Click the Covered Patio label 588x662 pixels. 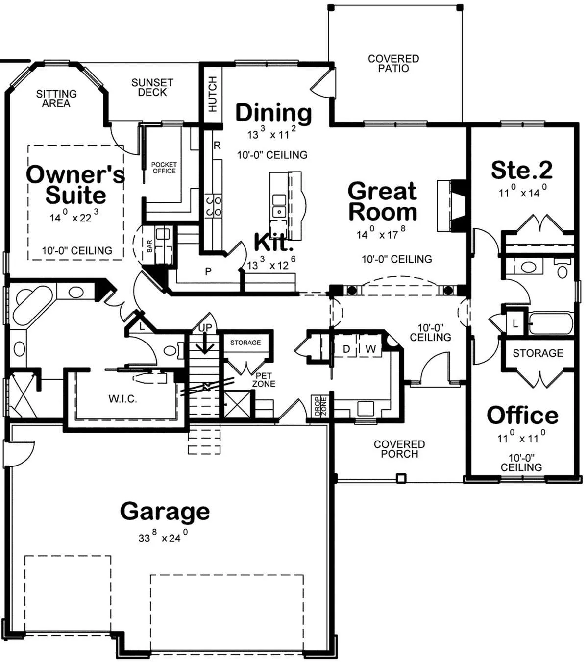[x=393, y=63]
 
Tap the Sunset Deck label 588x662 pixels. [x=152, y=87]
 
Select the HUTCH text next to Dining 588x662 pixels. [x=212, y=94]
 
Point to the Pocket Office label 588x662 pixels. [x=164, y=168]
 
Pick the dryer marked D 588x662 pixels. [x=346, y=349]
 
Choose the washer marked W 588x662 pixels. [x=370, y=349]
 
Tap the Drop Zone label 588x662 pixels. [x=320, y=406]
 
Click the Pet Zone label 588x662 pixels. [x=264, y=380]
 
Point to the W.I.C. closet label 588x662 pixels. [x=122, y=399]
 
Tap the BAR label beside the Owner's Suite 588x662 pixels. [x=150, y=246]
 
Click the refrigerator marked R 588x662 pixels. [x=217, y=146]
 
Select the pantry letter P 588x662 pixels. [x=208, y=271]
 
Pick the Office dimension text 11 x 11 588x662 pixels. [x=521, y=437]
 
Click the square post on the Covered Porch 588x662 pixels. [x=401, y=478]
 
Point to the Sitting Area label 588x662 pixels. [x=56, y=98]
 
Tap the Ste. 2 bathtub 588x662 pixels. [x=551, y=323]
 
